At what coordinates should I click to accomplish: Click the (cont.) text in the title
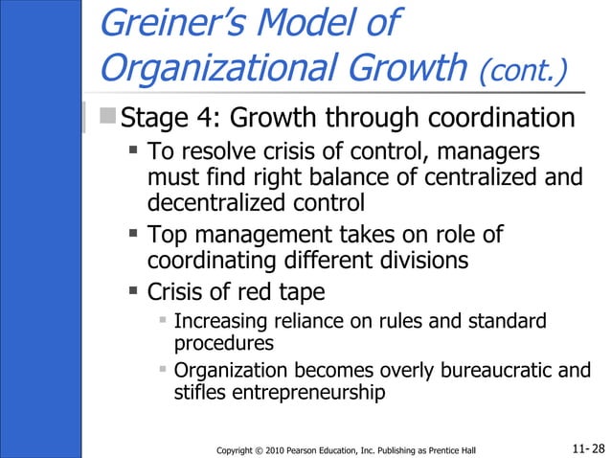tap(522, 70)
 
